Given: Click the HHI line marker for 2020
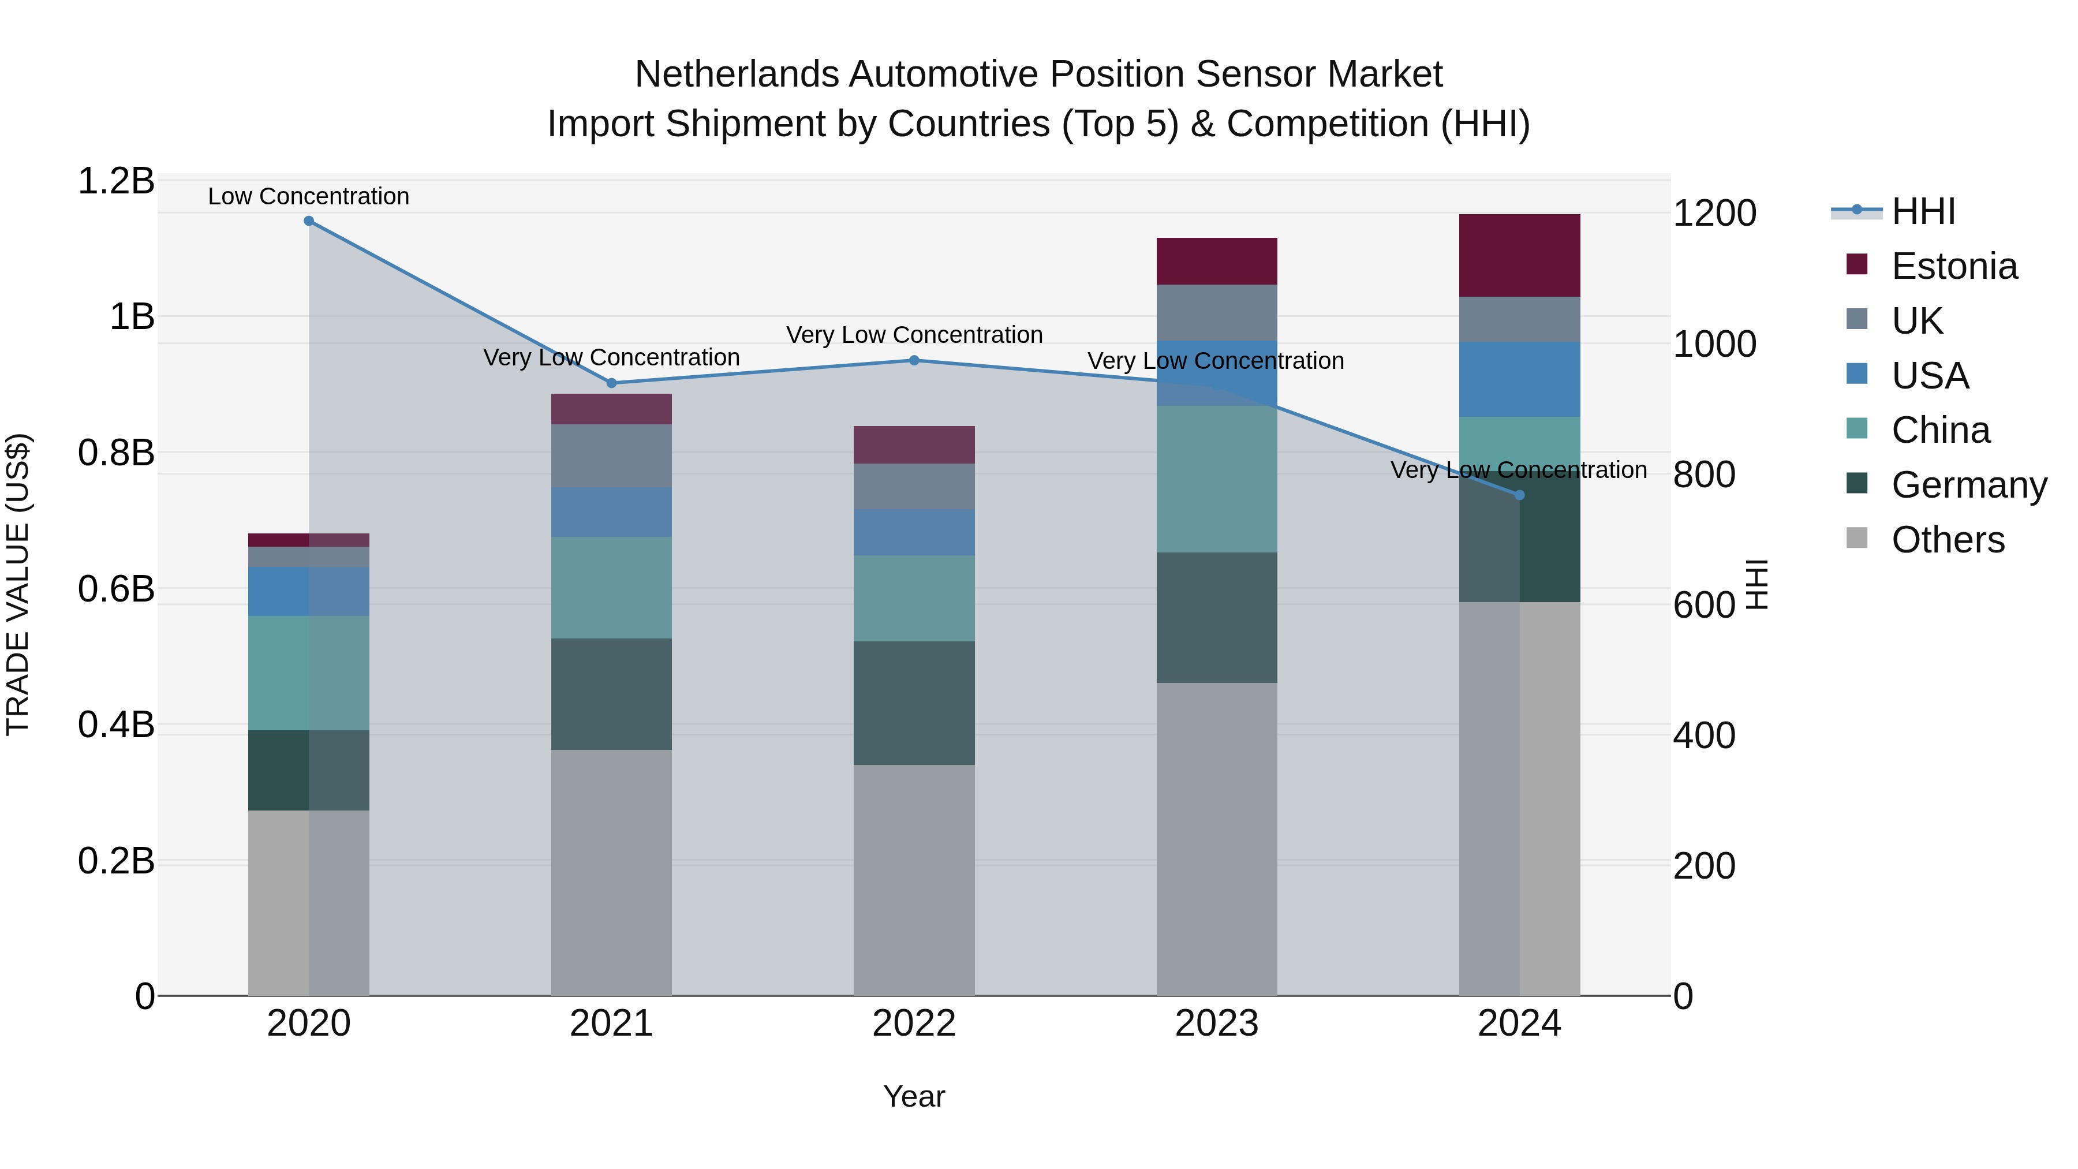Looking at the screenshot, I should point(309,221).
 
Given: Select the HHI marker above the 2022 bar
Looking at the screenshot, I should point(914,361).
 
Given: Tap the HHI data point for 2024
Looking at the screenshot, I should point(1520,495).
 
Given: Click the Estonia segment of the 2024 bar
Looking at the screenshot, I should point(1520,256).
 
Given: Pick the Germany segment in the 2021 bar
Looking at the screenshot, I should point(611,694).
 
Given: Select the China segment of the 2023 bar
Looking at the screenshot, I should point(1216,479).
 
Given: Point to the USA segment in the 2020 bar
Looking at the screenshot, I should point(309,591).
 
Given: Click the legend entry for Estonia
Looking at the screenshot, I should point(1954,266).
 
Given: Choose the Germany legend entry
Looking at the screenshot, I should point(1968,485).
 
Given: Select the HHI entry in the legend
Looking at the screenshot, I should point(1923,211).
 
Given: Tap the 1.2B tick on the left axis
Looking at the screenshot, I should point(116,181).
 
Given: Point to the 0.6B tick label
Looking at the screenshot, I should point(116,589).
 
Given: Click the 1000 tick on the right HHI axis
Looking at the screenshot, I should point(1715,343).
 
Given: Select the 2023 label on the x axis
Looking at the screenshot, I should point(1216,1024).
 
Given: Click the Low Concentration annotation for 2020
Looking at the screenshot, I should point(309,196).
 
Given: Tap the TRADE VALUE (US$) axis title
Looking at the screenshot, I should point(18,584).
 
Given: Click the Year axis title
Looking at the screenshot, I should point(914,1096).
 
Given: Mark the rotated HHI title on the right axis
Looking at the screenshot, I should point(1757,584).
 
